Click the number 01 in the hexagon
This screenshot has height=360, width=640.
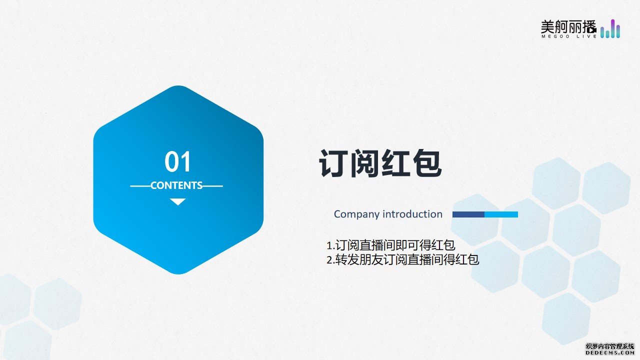click(177, 161)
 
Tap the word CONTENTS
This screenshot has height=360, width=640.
click(176, 185)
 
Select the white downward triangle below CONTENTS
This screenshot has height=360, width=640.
click(177, 201)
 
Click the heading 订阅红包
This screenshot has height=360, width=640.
click(380, 163)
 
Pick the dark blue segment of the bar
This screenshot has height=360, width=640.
click(468, 214)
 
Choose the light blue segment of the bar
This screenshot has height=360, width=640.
click(501, 214)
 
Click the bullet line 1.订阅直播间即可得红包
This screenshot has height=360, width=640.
click(391, 245)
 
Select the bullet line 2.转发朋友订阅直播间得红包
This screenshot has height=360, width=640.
click(403, 259)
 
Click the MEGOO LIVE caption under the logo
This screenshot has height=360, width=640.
click(569, 36)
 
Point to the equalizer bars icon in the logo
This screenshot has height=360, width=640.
click(610, 28)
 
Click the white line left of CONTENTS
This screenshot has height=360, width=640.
click(140, 186)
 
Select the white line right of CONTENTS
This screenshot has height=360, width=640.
click(212, 186)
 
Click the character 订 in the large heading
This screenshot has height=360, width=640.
click(333, 163)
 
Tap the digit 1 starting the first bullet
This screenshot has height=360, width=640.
click(329, 245)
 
